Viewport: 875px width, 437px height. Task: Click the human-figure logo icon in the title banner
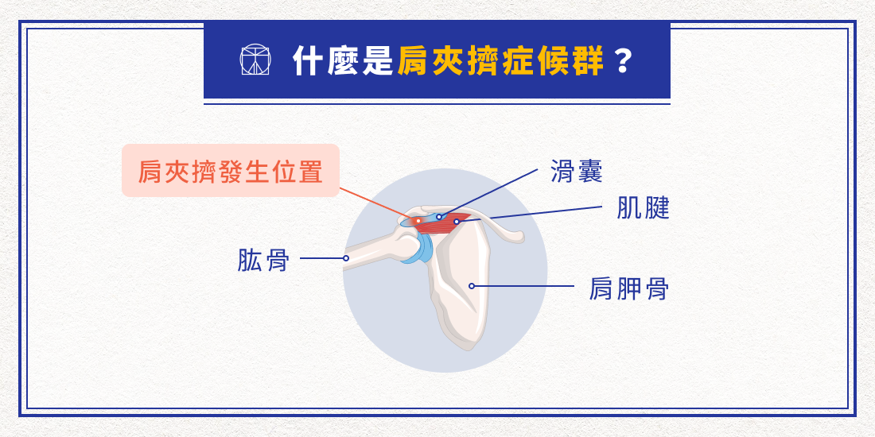(x=255, y=60)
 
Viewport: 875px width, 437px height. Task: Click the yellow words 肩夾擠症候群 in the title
(x=500, y=61)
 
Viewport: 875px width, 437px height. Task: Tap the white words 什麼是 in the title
(x=343, y=61)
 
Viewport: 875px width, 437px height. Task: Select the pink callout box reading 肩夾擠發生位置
(x=231, y=171)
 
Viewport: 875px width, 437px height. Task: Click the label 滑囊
(x=577, y=171)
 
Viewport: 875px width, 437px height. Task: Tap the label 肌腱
(x=644, y=208)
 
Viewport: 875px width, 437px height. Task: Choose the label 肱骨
(x=262, y=259)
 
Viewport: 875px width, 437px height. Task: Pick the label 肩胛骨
(x=628, y=288)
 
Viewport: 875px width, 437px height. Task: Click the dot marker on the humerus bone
(x=346, y=258)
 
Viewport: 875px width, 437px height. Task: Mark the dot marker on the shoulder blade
(x=472, y=286)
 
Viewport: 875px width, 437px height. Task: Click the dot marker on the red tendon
(x=457, y=222)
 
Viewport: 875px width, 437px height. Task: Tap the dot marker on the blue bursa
(x=439, y=216)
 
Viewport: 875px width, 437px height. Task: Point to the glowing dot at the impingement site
(x=418, y=221)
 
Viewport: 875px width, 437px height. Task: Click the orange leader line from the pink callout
(x=378, y=204)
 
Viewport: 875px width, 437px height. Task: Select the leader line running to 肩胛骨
(x=525, y=286)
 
